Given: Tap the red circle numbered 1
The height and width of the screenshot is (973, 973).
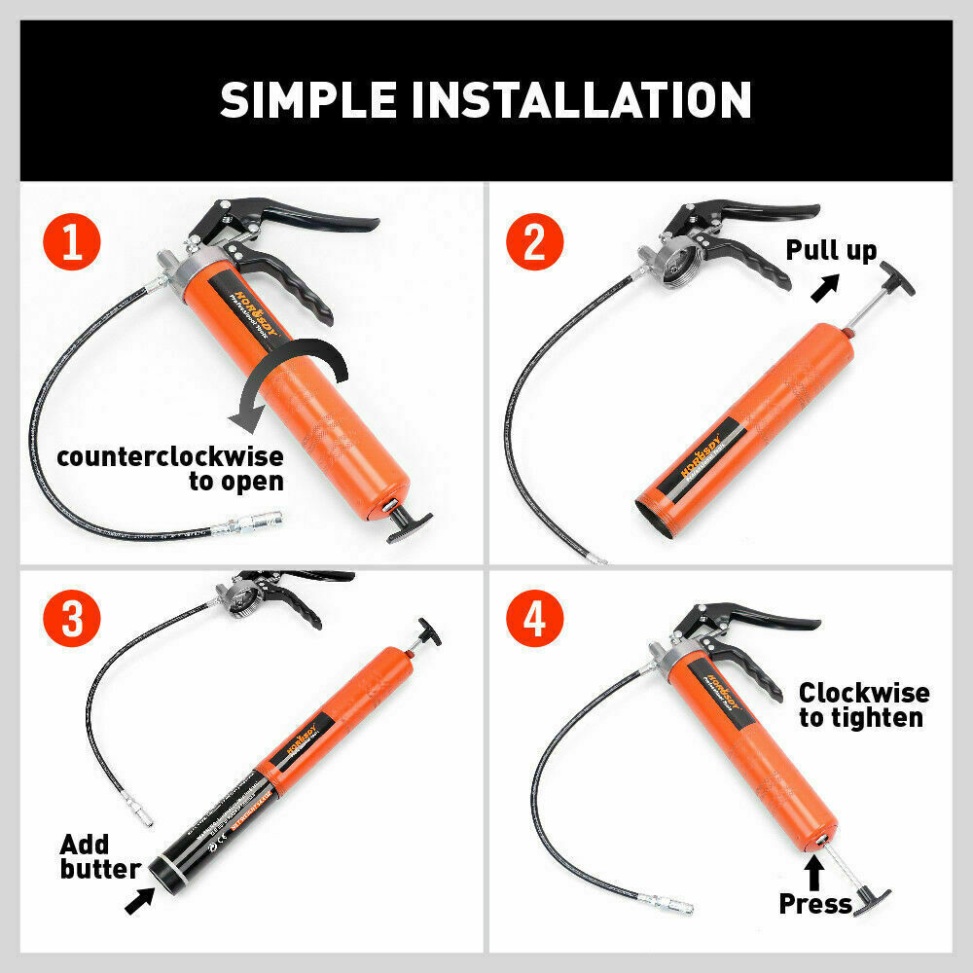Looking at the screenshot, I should (x=71, y=243).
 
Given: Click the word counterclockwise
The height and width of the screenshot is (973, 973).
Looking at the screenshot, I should (x=169, y=456).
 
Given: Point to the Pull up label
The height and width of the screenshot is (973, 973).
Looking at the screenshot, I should (x=831, y=250).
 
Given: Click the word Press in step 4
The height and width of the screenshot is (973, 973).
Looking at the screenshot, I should (x=814, y=904).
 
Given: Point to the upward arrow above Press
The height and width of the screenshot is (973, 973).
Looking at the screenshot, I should (x=814, y=868).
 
